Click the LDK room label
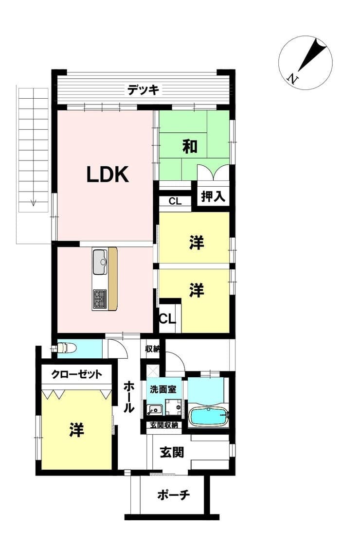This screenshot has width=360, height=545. pos(108,174)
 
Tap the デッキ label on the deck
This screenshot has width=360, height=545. pos(143,89)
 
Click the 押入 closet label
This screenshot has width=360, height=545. pos(213,197)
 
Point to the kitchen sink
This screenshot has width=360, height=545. pos(101,262)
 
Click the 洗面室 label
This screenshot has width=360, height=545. pos(163,389)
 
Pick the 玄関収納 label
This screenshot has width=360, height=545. pos(164,425)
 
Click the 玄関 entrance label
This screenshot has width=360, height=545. pos(172,452)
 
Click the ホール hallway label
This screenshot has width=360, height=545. pos(129,397)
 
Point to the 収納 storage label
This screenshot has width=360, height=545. pos(152,349)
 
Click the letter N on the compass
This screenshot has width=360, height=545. pos(293,79)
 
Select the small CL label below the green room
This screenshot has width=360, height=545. pos(175,201)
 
